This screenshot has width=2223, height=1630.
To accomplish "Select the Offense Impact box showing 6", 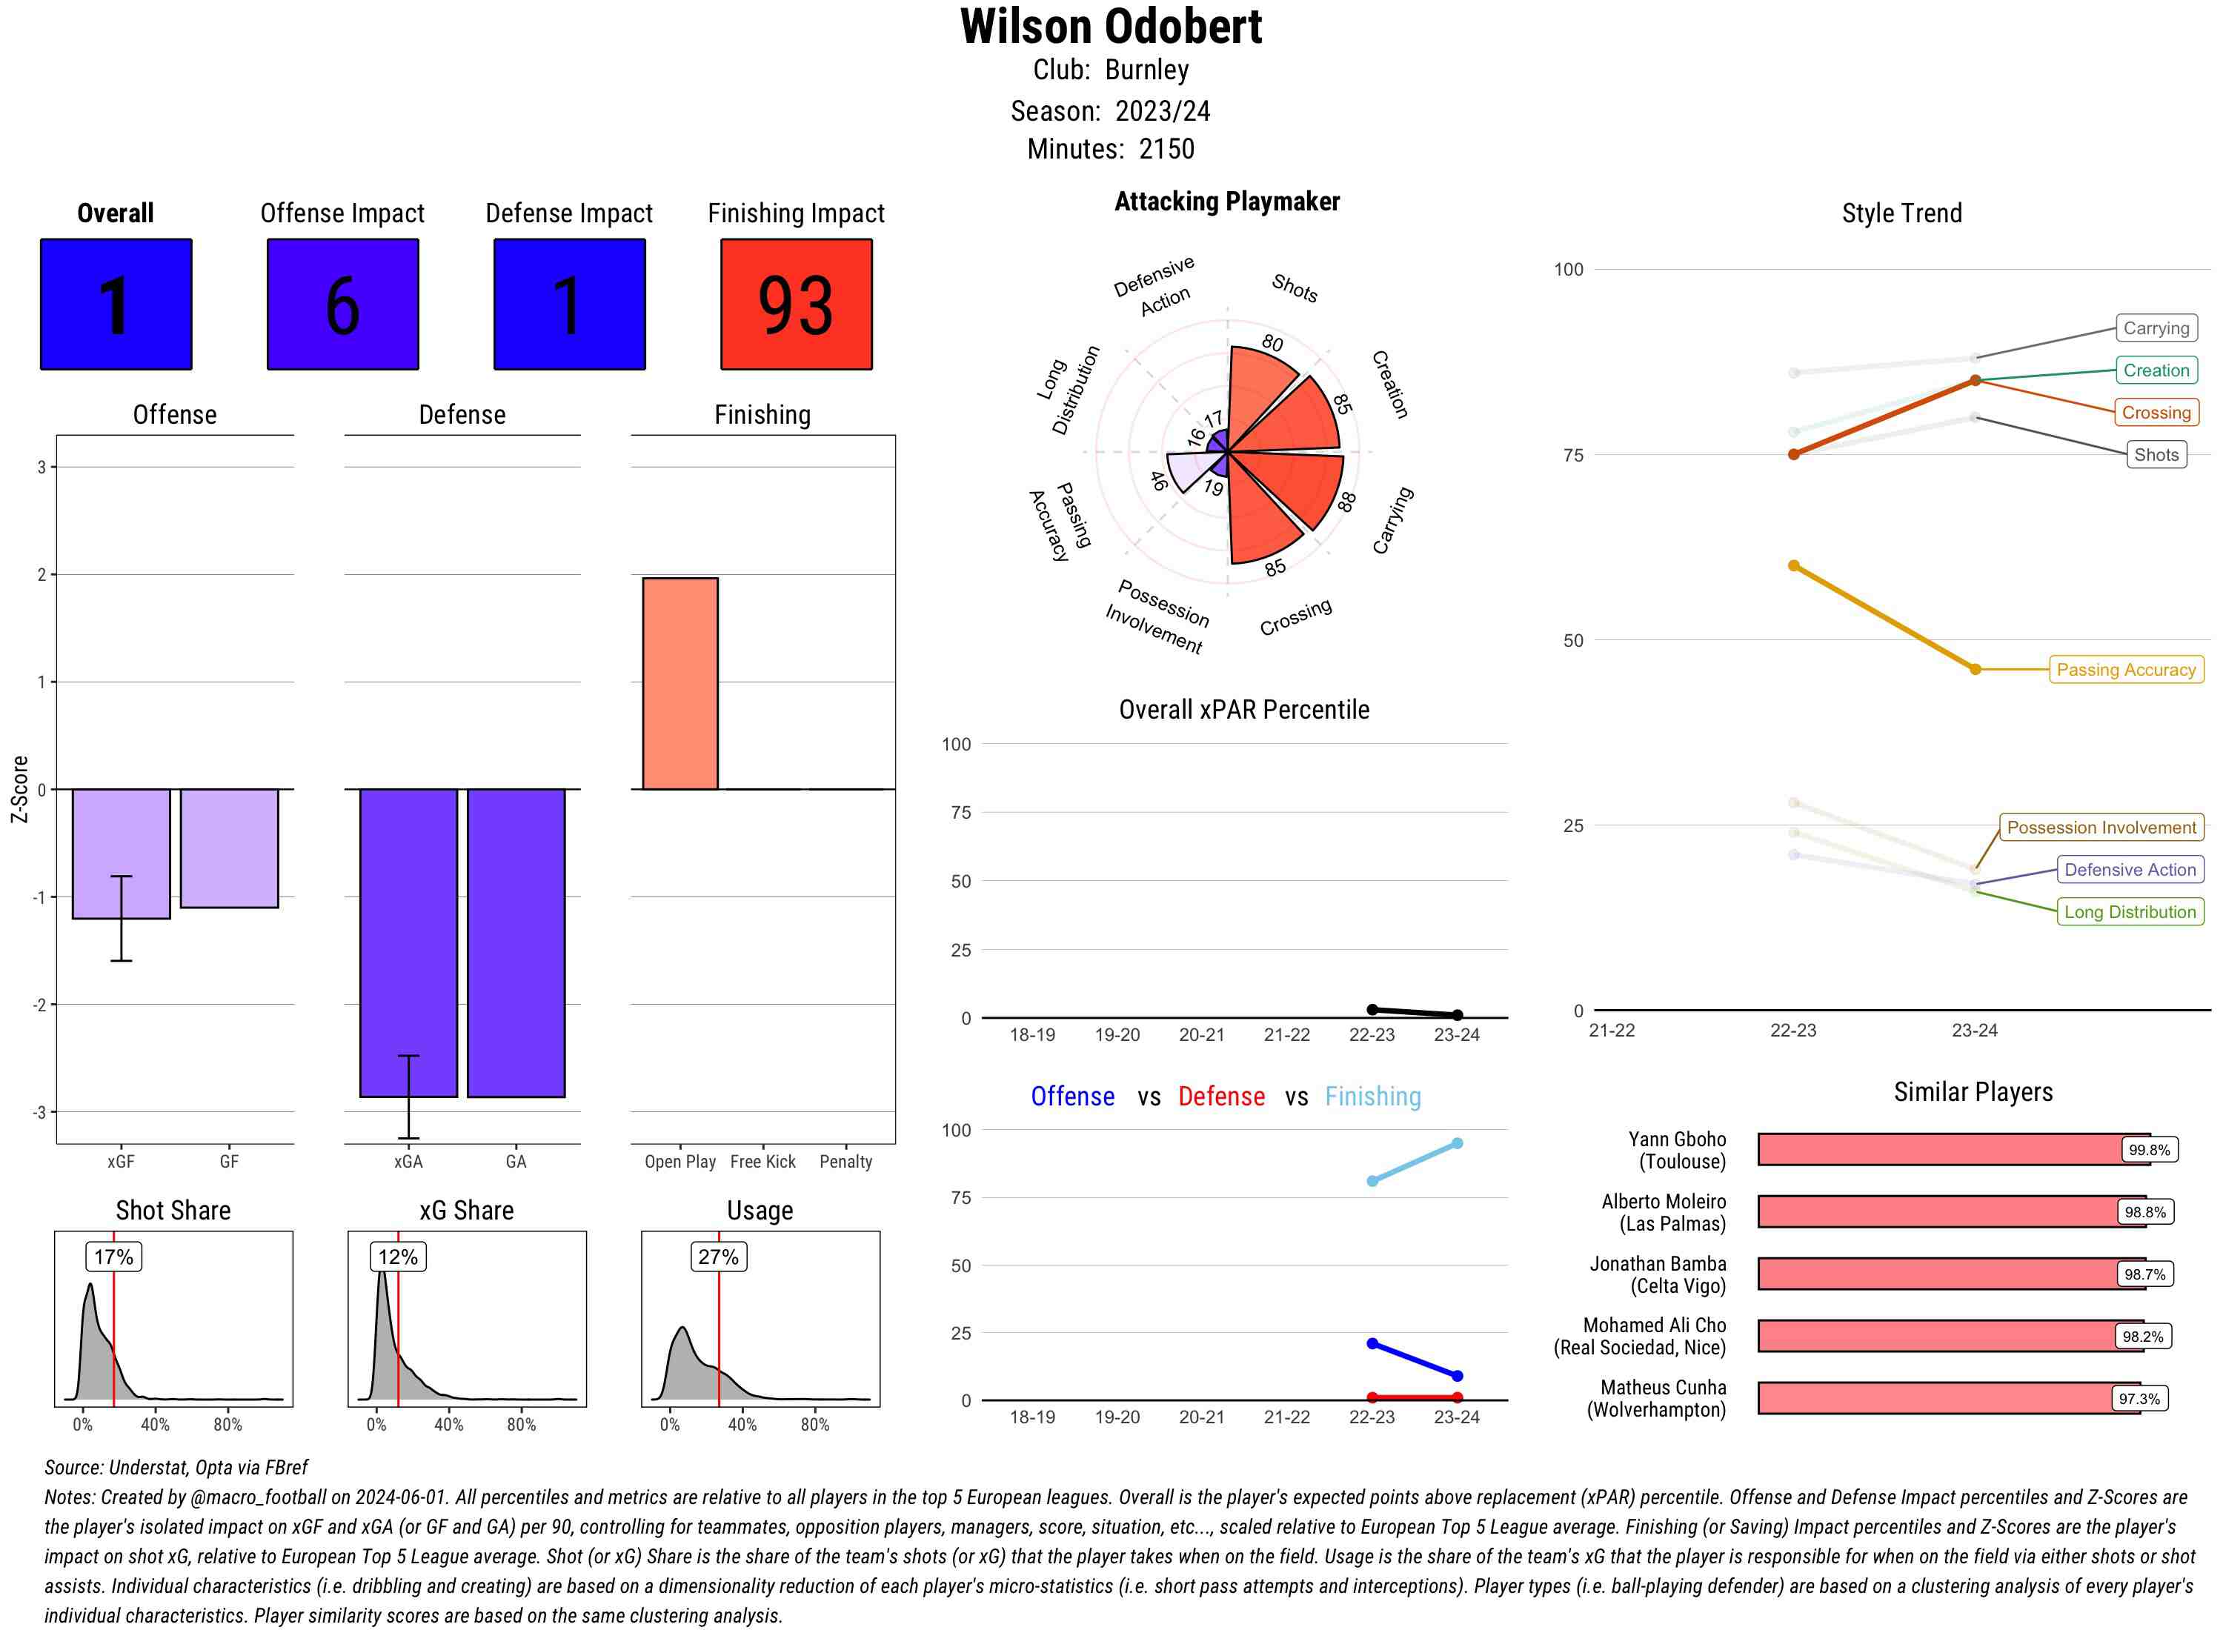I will point(342,304).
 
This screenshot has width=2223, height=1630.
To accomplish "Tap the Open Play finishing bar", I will point(679,683).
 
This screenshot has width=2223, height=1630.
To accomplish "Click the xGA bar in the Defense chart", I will point(408,942).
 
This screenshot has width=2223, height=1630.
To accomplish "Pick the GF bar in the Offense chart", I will point(229,848).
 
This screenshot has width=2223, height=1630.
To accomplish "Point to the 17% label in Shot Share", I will point(113,1256).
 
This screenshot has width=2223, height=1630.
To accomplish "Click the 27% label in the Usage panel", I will point(717,1256).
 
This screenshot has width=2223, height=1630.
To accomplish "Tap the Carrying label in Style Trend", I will point(2155,328).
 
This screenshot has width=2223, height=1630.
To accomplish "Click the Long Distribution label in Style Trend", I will point(2130,912).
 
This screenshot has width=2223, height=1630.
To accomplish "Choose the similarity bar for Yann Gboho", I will point(1940,1149).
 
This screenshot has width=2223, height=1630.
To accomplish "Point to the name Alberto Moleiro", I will point(1664,1202).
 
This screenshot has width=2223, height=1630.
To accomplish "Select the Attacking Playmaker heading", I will point(1226,202).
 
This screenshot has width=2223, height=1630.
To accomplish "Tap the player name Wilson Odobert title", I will point(1111,27).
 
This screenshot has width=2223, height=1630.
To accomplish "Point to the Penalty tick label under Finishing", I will point(845,1161).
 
